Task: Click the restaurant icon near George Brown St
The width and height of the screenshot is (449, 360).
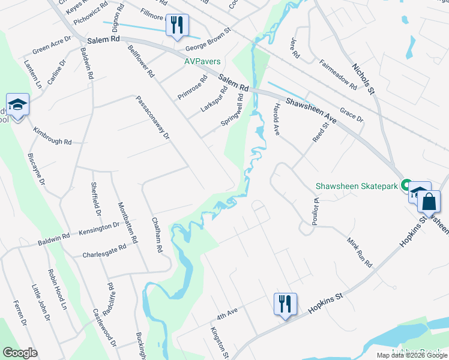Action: [176, 25]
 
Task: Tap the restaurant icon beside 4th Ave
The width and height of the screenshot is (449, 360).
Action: [285, 304]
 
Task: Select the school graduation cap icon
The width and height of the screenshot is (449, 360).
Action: [17, 105]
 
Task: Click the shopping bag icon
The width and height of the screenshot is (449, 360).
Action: [429, 202]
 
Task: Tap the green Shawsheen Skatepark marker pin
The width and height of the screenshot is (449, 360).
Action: [406, 186]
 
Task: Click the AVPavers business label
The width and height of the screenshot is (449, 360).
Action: [202, 61]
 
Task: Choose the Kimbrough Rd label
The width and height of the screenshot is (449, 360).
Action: [52, 136]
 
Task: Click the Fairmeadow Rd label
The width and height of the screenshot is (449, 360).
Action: [339, 75]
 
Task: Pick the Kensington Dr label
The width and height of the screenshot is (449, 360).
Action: [99, 228]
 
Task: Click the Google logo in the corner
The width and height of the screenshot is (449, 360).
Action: [20, 353]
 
